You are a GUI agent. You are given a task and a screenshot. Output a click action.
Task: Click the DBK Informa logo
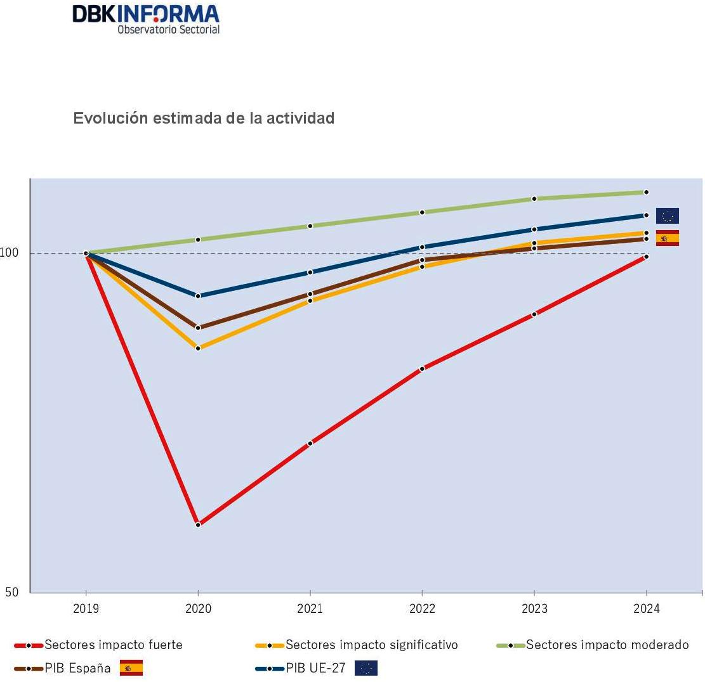click(146, 18)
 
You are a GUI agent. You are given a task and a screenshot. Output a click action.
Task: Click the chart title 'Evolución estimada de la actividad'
click(204, 119)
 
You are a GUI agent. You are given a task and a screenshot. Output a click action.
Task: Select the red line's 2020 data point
click(198, 525)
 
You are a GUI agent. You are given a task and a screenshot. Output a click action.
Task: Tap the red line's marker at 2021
click(310, 443)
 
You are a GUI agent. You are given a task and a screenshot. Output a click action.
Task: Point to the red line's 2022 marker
click(423, 369)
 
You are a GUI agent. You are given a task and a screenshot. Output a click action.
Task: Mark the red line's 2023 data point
click(534, 314)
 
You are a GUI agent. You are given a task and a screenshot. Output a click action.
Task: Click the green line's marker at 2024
click(646, 192)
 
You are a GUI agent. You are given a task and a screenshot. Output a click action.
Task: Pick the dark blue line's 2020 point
click(198, 296)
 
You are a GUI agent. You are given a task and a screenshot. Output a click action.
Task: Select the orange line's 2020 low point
click(198, 348)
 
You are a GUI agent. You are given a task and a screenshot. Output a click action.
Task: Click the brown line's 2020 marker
click(198, 328)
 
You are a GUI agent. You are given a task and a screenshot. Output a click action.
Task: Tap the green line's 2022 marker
click(423, 212)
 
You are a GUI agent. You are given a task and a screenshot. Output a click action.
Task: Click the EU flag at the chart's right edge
click(667, 216)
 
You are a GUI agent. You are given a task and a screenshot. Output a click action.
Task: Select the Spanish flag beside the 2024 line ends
click(667, 238)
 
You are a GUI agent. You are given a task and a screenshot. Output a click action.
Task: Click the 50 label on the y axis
click(11, 592)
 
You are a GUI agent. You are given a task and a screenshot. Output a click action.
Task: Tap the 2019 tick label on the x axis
click(86, 609)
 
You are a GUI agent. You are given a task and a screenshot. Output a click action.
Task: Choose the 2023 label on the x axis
click(534, 609)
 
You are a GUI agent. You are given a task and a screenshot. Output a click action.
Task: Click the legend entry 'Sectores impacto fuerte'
click(113, 645)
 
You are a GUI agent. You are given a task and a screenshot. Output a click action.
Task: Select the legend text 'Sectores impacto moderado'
click(607, 645)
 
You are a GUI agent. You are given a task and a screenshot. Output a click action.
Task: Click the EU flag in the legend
click(366, 668)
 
